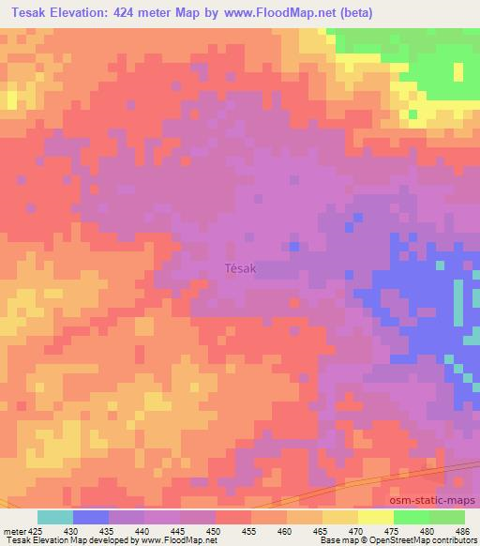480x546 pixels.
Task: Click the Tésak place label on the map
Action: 241,268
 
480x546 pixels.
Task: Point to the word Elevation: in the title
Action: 94,12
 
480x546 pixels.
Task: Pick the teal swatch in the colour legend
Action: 55,517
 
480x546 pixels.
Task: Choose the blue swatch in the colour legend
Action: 91,517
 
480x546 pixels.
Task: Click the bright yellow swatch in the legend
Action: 375,517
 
